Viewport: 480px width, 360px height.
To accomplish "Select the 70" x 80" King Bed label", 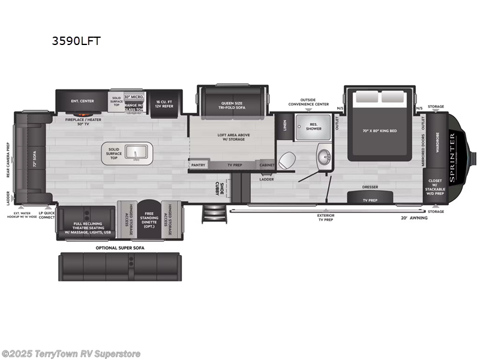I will click(379, 130).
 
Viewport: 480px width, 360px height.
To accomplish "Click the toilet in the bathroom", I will click(287, 160).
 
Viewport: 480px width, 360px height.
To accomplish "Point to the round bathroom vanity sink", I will click(325, 158).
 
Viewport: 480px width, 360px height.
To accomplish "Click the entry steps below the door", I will click(211, 213).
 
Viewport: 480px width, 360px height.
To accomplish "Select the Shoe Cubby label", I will click(221, 187).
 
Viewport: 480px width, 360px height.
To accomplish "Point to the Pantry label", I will click(198, 164).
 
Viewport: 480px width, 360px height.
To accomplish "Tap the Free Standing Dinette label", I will click(150, 218).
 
